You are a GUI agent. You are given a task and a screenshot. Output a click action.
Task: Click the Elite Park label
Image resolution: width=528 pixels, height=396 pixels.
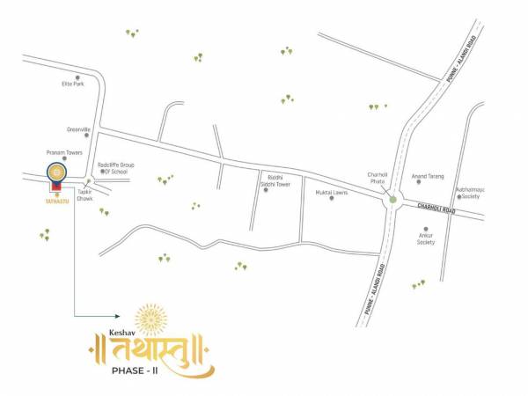[x=72, y=84]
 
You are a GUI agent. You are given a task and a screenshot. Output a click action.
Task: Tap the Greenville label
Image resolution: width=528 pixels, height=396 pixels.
[x=78, y=129]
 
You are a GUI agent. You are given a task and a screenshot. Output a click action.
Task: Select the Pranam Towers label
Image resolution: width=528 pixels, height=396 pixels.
[x=64, y=152]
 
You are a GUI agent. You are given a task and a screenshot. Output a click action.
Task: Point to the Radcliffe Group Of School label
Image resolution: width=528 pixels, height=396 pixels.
[x=115, y=167]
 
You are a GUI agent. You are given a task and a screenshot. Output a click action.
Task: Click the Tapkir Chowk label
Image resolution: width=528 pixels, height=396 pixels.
[x=85, y=194]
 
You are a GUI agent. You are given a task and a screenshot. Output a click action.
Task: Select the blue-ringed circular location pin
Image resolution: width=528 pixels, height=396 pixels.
[x=56, y=171]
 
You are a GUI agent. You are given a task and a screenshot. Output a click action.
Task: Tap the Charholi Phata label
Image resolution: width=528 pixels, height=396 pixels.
[x=377, y=176]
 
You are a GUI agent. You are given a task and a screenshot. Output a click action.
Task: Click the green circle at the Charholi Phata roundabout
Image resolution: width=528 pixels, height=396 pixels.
[x=392, y=201]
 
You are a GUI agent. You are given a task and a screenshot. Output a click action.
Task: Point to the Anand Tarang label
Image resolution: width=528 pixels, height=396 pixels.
[x=429, y=176]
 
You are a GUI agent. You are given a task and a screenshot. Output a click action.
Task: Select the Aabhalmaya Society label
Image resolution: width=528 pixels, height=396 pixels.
[x=467, y=193]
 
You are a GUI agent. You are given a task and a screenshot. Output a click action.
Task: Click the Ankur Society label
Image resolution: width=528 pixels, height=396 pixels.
[x=426, y=238]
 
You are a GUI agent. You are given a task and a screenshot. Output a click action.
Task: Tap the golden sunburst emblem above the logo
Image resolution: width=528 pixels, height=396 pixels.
[x=151, y=317]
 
